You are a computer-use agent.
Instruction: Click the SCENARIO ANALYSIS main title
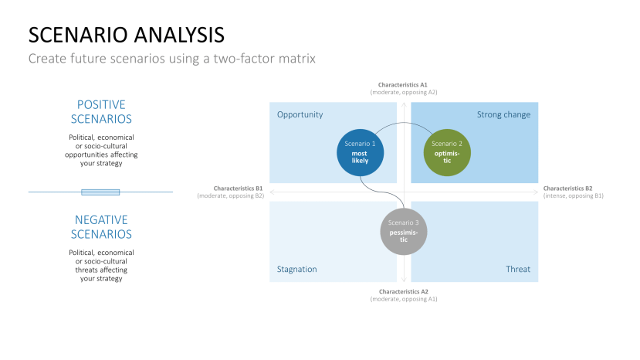(x=127, y=35)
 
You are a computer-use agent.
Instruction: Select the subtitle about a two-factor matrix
(x=172, y=59)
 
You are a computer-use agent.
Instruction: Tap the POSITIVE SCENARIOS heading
(x=101, y=111)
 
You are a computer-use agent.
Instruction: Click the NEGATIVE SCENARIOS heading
(x=101, y=226)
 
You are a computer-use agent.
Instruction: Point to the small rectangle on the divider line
(x=100, y=192)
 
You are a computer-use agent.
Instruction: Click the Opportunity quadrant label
(x=300, y=114)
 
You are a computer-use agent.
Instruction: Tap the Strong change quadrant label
(x=503, y=114)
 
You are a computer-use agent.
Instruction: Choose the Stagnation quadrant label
(x=297, y=269)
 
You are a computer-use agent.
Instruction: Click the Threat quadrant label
(x=517, y=269)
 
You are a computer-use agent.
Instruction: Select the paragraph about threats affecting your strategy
(x=101, y=265)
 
